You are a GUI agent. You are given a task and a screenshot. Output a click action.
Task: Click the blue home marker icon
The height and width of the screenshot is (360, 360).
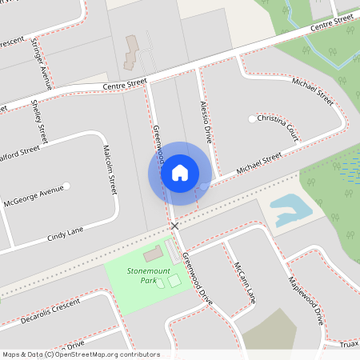(180, 173)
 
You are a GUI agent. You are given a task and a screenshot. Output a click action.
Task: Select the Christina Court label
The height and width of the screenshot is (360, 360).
(278, 128)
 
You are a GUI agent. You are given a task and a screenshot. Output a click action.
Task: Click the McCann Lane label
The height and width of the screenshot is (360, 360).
(244, 283)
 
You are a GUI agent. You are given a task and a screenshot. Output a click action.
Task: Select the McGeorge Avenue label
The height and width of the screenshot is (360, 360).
(32, 192)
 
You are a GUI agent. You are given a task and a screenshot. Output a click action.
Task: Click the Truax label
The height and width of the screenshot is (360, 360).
(348, 344)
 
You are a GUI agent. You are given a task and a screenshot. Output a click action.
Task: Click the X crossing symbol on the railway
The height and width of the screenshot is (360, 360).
(174, 226)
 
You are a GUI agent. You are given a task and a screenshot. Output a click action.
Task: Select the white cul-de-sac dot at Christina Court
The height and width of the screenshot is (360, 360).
(252, 119)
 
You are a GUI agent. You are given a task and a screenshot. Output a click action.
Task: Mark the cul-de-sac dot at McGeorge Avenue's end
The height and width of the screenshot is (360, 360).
(67, 186)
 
